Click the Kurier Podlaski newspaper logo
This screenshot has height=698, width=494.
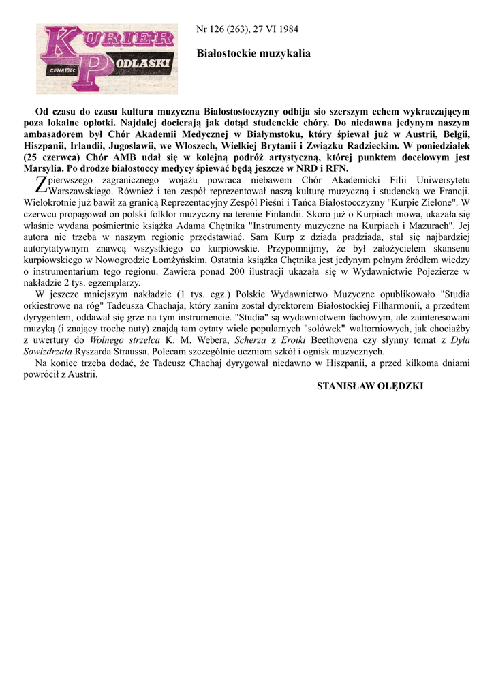[106, 59]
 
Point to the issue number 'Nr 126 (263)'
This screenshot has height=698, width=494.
[222, 29]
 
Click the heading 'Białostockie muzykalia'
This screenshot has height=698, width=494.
[253, 52]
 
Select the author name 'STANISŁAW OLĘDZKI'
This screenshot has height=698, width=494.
[370, 386]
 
